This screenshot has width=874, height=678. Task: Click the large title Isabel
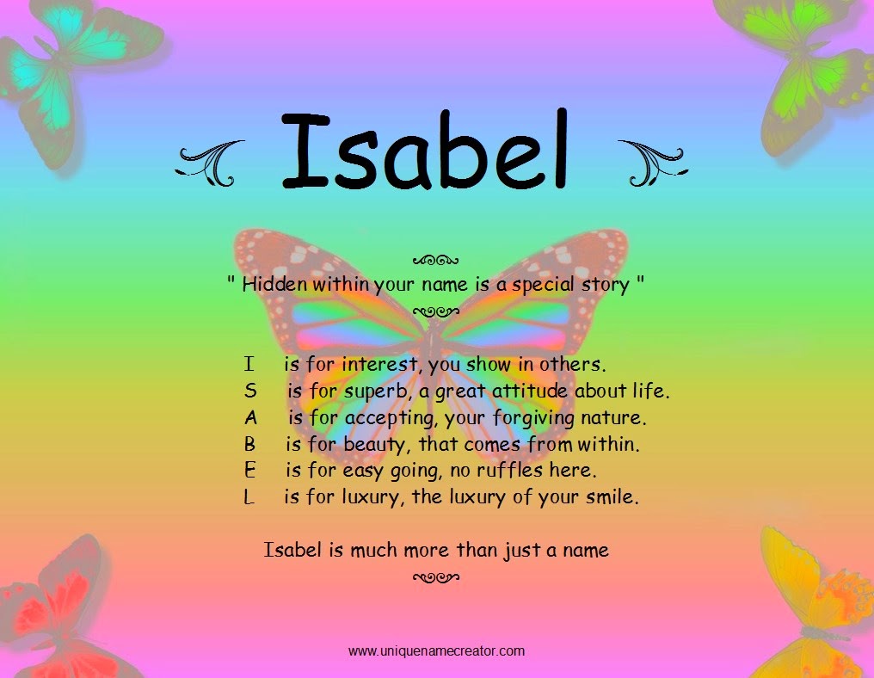(x=426, y=151)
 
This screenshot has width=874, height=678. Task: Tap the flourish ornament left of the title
(x=210, y=162)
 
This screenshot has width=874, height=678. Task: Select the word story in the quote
(x=605, y=285)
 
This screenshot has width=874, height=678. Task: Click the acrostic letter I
(x=248, y=364)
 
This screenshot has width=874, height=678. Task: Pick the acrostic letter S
(x=250, y=391)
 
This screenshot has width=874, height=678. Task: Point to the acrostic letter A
(x=250, y=419)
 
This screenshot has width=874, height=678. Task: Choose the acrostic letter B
(x=249, y=446)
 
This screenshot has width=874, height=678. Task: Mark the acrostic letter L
(x=249, y=498)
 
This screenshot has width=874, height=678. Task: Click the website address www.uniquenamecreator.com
(x=436, y=651)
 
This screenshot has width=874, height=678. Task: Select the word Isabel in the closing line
(x=292, y=550)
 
